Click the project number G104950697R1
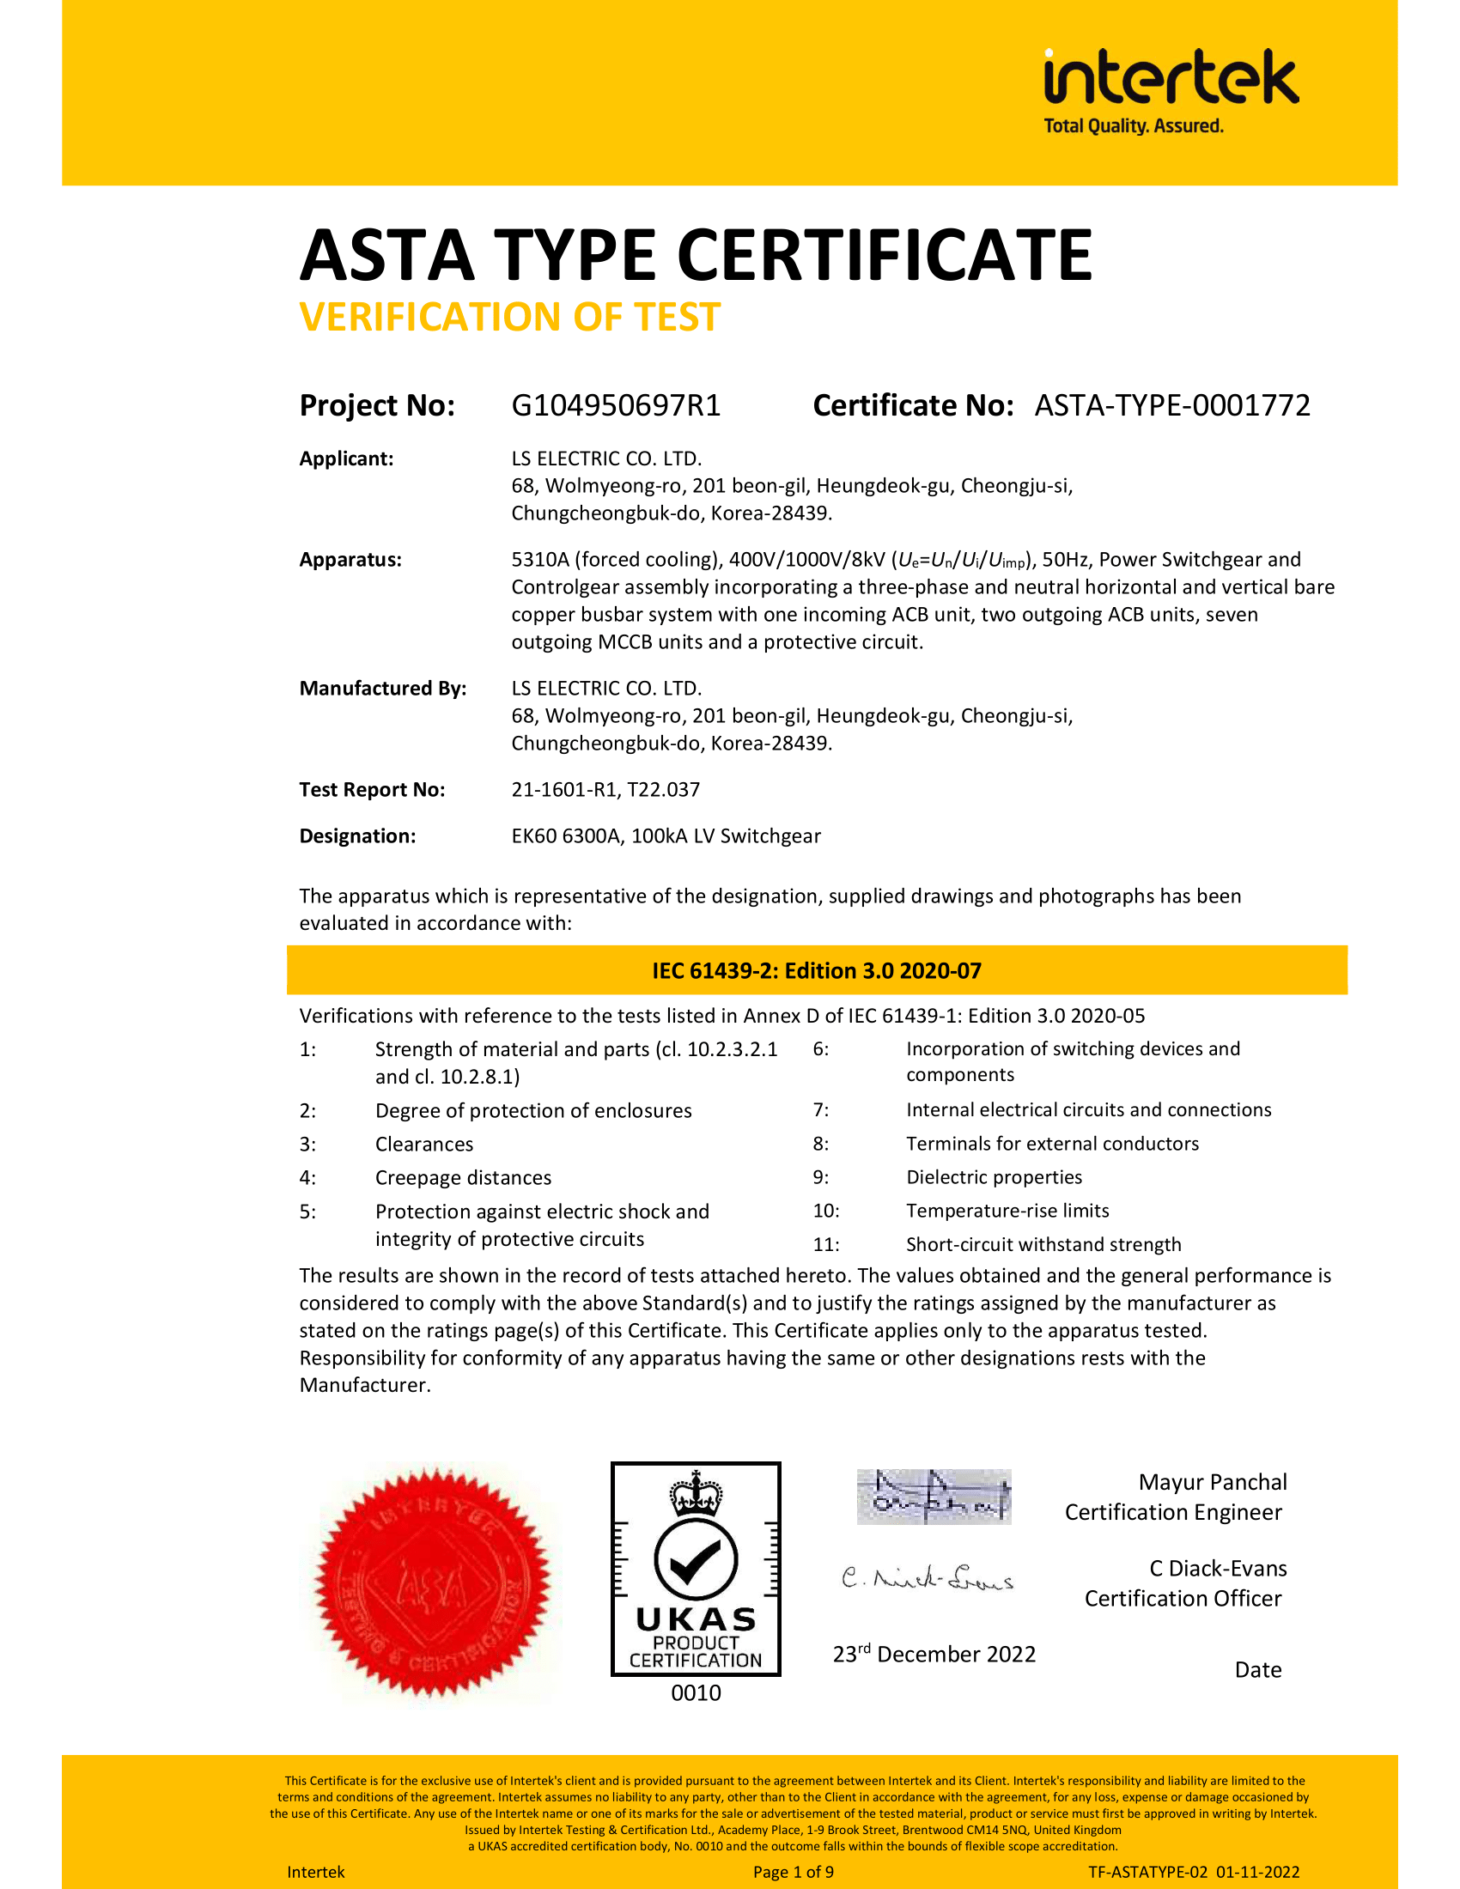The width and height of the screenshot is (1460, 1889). point(616,405)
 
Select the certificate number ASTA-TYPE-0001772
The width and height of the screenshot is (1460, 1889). point(1172,405)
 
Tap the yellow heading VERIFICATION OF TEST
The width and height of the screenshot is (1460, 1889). point(509,318)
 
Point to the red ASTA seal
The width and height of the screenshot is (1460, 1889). point(434,1582)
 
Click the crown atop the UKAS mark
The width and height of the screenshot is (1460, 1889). point(696,1494)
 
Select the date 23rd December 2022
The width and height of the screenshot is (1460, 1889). point(934,1655)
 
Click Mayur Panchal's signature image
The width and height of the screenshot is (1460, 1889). point(934,1497)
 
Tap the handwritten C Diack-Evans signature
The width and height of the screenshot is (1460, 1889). point(928,1579)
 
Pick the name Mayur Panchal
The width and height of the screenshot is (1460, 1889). point(1213,1483)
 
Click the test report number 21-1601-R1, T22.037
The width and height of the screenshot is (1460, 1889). point(605,790)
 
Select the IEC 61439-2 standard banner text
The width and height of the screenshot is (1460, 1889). point(817,970)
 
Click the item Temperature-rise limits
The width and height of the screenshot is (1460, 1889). point(1007,1211)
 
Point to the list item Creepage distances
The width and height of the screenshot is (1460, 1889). point(463,1178)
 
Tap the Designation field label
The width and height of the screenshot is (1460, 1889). point(357,836)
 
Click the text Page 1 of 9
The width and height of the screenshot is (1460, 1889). point(794,1872)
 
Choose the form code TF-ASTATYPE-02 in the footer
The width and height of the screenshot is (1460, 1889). point(1147,1872)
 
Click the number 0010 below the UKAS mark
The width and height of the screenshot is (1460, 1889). point(696,1692)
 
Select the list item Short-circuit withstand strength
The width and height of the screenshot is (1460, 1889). point(1043,1245)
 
